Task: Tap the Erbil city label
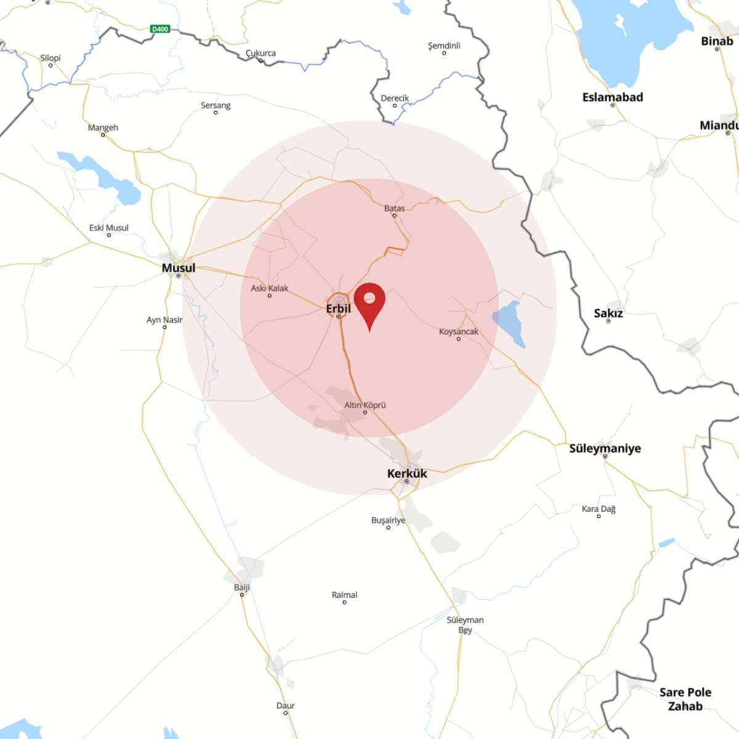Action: [338, 309]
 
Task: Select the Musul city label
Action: [178, 268]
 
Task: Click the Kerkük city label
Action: [406, 474]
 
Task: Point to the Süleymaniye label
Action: [605, 448]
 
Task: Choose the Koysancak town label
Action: [458, 331]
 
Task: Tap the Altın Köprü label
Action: [365, 405]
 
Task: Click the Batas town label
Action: [394, 208]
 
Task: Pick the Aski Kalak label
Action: [269, 288]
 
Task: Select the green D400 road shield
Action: [160, 29]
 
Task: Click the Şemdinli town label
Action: [443, 46]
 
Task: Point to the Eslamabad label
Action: [612, 97]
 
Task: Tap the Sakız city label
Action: [608, 313]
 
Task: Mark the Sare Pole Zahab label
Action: [685, 699]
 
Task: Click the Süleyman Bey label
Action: [465, 624]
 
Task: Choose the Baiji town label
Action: [242, 588]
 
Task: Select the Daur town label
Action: [285, 706]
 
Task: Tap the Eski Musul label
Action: [108, 228]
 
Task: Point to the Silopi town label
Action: [50, 58]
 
